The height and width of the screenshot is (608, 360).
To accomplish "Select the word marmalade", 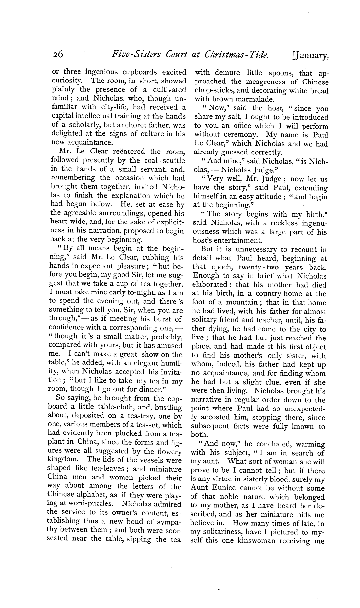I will click(255, 99).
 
